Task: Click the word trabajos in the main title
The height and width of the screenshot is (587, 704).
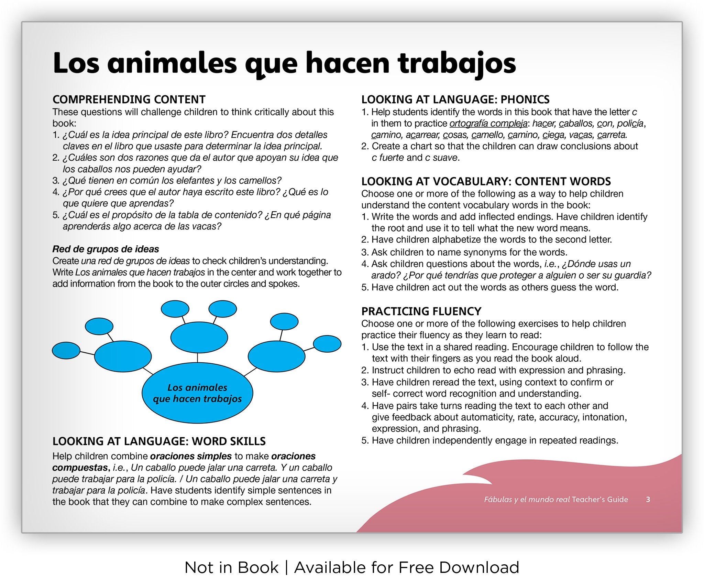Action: [x=456, y=64]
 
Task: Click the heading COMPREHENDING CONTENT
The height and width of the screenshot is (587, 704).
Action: [x=129, y=99]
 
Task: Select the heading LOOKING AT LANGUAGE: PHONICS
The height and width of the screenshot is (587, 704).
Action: [x=455, y=99]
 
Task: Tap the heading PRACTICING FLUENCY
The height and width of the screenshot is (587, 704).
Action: [x=421, y=311]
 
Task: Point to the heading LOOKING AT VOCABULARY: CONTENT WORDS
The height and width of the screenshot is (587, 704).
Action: [x=486, y=181]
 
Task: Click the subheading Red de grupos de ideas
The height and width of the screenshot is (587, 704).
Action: [x=106, y=249]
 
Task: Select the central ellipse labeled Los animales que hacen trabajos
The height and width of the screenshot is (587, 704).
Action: [x=197, y=393]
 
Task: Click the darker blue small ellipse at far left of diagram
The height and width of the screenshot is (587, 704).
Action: [x=66, y=350]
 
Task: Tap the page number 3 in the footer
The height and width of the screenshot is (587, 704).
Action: [x=648, y=500]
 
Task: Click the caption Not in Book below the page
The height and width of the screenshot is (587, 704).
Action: [x=231, y=568]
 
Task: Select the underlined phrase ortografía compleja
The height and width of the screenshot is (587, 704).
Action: [x=488, y=124]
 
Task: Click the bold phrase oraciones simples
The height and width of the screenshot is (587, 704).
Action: [x=191, y=456]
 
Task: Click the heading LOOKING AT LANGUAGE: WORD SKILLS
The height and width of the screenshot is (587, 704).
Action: [x=159, y=441]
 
